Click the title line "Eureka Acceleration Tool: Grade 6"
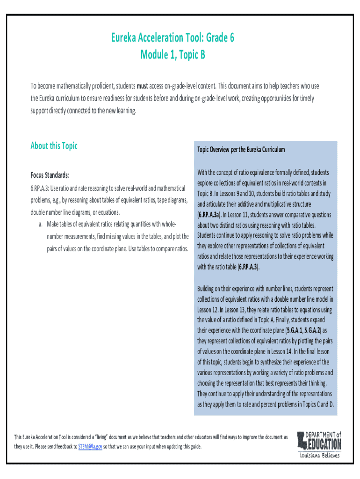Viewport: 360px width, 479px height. tap(173, 38)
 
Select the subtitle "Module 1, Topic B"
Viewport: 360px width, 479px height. tap(173, 56)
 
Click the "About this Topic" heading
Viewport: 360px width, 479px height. tap(54, 146)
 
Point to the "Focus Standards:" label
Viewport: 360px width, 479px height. tap(50, 175)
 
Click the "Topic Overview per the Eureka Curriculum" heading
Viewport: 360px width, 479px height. tap(241, 150)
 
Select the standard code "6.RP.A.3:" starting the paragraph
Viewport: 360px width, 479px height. tap(40, 189)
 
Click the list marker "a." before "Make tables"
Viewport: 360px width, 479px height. tap(42, 224)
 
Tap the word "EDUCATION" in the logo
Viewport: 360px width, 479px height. tap(324, 443)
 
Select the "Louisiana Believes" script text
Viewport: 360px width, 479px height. tap(320, 455)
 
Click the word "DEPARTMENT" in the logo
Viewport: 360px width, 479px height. tap(321, 434)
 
